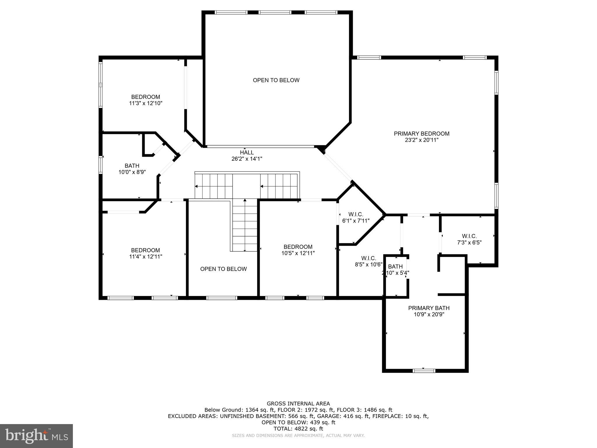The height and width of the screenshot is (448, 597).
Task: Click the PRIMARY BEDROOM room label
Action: click(x=422, y=134)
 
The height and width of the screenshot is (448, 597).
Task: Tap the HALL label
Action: click(x=247, y=152)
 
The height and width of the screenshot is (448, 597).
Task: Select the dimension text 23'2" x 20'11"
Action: click(x=422, y=140)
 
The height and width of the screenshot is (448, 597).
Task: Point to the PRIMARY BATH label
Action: click(x=429, y=308)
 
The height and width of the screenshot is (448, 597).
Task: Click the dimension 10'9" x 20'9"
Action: click(x=429, y=314)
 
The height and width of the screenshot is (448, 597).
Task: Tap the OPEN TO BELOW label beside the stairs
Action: click(x=224, y=269)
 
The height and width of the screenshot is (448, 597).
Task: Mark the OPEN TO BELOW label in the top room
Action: click(x=276, y=80)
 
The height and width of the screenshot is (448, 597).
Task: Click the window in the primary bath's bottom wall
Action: click(x=424, y=371)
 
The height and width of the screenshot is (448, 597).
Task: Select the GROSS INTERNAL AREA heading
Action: click(x=298, y=404)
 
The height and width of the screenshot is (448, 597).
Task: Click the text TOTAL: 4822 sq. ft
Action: click(x=298, y=429)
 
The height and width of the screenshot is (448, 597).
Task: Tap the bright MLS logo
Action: click(x=36, y=436)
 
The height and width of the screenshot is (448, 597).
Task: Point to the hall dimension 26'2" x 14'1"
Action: click(x=247, y=159)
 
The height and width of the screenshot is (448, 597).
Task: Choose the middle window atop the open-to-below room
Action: click(x=275, y=13)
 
